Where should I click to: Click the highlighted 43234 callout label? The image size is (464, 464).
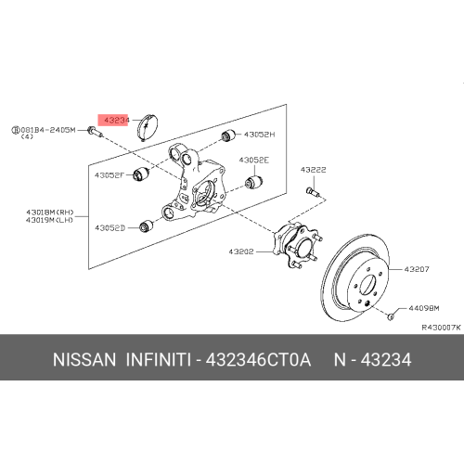[113, 120]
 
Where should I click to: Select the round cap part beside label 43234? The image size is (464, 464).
[148, 127]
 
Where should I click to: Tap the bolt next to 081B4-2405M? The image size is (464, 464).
[95, 132]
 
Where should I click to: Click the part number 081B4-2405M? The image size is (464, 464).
[48, 130]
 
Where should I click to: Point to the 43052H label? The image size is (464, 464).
[259, 135]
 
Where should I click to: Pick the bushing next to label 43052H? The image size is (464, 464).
[228, 135]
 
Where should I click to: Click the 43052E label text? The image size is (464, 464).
[254, 161]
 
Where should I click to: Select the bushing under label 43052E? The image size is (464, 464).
[253, 182]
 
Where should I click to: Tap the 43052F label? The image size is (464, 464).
[110, 175]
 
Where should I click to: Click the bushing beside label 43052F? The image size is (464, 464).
[141, 174]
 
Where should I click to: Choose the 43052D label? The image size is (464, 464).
[110, 228]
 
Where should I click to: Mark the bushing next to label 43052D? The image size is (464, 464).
[146, 226]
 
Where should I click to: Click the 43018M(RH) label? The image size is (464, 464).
[50, 213]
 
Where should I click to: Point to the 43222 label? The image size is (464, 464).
[314, 170]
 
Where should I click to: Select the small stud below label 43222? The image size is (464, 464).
[313, 191]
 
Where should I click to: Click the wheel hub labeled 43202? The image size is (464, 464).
[297, 245]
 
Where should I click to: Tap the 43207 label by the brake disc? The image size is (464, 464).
[417, 269]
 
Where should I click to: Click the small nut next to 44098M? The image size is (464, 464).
[391, 316]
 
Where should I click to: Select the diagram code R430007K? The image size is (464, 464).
[442, 328]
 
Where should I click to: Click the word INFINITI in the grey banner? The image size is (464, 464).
[158, 360]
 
